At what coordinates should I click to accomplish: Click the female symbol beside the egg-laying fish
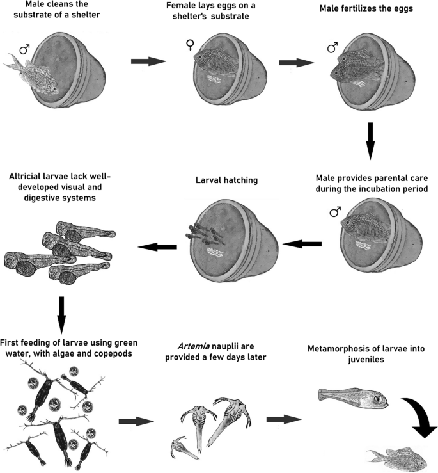tap(190, 45)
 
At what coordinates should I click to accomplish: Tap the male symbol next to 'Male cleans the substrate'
tap(24, 49)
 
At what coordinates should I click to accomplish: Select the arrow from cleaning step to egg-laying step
tap(148, 61)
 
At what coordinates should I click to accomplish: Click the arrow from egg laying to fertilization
tap(297, 62)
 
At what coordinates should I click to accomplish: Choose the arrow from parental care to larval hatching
tap(302, 244)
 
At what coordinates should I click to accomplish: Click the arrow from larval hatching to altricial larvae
tap(158, 246)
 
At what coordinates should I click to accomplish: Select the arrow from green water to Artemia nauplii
tap(136, 422)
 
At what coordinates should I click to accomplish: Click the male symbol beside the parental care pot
tap(334, 211)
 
